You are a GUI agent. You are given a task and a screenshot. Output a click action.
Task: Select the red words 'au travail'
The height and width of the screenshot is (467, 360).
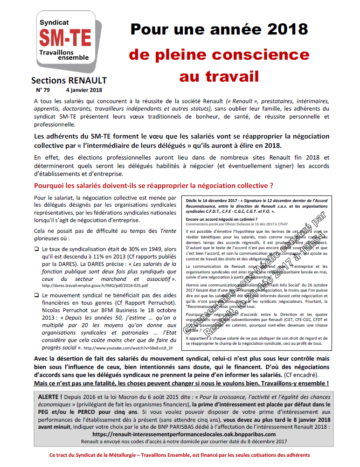pyautogui.click(x=219, y=76)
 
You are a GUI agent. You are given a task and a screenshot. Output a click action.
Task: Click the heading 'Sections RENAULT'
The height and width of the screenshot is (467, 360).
pyautogui.click(x=69, y=80)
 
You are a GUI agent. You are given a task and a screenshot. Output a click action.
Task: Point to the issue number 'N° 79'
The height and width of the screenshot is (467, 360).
pyautogui.click(x=43, y=90)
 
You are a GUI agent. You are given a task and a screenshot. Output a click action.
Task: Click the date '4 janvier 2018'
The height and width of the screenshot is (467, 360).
pyautogui.click(x=84, y=90)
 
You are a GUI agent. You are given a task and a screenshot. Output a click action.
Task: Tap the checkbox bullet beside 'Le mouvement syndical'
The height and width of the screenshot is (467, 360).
pyautogui.click(x=37, y=296)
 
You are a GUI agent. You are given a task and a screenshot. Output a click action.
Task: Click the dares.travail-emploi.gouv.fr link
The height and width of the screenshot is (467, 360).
pyautogui.click(x=95, y=285)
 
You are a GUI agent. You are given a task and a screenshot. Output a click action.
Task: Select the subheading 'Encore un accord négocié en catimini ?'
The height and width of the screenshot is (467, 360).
pyautogui.click(x=222, y=218)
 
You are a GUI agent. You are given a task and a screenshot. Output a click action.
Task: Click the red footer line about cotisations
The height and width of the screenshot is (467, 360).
pyautogui.click(x=180, y=455)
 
